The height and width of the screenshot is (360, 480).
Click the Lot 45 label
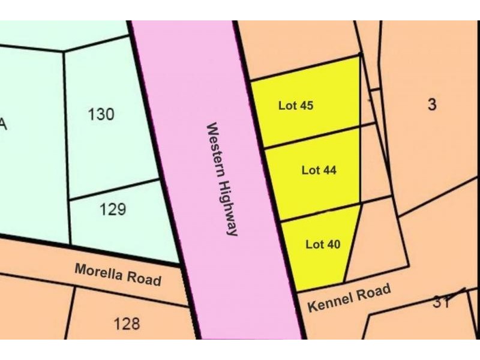[x=296, y=106]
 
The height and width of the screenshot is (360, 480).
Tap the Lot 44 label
[x=319, y=170]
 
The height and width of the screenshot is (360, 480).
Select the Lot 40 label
[x=323, y=244]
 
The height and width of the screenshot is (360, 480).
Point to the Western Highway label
[x=223, y=179]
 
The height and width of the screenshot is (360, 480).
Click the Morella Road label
[x=118, y=274]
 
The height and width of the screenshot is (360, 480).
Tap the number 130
[x=101, y=113]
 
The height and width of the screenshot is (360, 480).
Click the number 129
[x=113, y=209]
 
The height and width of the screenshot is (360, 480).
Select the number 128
[x=127, y=324]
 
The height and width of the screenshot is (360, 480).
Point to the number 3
[x=432, y=104]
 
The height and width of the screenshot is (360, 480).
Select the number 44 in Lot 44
[x=329, y=170]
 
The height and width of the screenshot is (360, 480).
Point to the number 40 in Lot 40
[x=333, y=244]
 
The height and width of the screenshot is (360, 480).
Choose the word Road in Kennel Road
[x=373, y=292]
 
